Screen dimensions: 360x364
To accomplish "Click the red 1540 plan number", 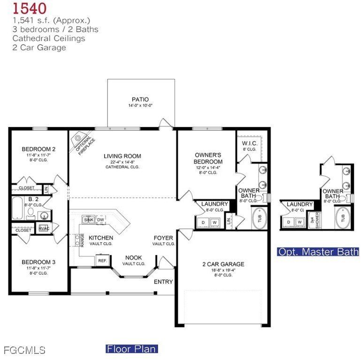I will pyautogui.click(x=29, y=8).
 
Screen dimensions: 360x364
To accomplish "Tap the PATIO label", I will pyautogui.click(x=140, y=99).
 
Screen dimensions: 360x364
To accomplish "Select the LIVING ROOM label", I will pyautogui.click(x=122, y=156).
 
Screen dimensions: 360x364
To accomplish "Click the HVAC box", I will pyautogui.click(x=44, y=228).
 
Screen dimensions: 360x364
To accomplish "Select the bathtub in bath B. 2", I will pyautogui.click(x=17, y=209).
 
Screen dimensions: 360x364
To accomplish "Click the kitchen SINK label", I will pyautogui.click(x=88, y=219).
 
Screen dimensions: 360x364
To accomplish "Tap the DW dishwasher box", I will pyautogui.click(x=100, y=219).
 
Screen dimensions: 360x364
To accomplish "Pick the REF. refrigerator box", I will pyautogui.click(x=102, y=260).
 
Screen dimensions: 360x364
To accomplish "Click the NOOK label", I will pyautogui.click(x=133, y=258).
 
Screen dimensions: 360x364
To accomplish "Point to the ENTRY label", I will pyautogui.click(x=163, y=282).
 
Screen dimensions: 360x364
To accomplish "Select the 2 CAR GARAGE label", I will pyautogui.click(x=220, y=264).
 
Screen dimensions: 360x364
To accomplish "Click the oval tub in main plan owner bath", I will pyautogui.click(x=259, y=218).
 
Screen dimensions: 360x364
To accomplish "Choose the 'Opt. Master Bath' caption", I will pyautogui.click(x=318, y=252).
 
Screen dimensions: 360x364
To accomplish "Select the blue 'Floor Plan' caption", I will pyautogui.click(x=131, y=349).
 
